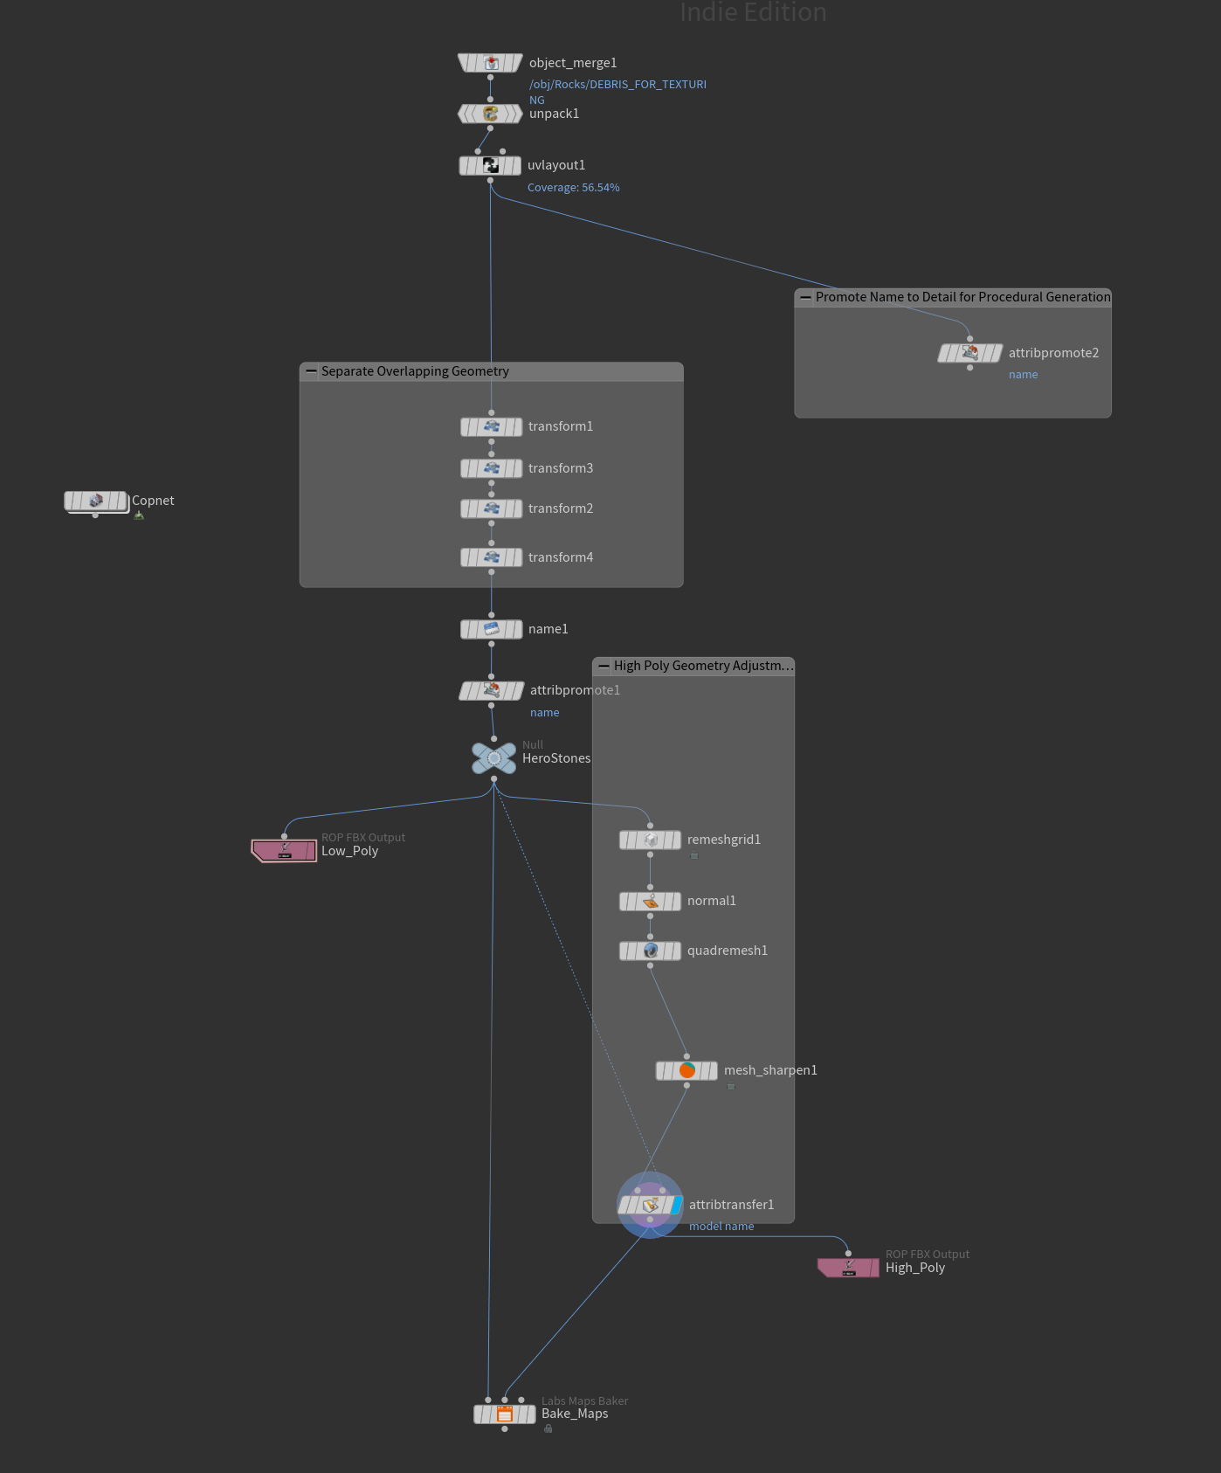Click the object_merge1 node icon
point(491,63)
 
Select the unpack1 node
point(490,114)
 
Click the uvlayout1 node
point(490,165)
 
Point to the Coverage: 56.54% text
point(573,188)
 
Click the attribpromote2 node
point(969,353)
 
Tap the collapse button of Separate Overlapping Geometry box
point(311,371)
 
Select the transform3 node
point(491,468)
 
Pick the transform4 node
point(491,557)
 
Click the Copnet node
point(96,501)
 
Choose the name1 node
point(491,629)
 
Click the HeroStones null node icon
point(493,757)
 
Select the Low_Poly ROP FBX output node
point(284,850)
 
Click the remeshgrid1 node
point(650,840)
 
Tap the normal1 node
point(650,901)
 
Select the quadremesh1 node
point(650,951)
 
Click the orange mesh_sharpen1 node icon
point(687,1070)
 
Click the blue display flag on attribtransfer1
point(676,1205)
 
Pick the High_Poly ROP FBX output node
point(848,1267)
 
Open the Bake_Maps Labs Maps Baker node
point(505,1414)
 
